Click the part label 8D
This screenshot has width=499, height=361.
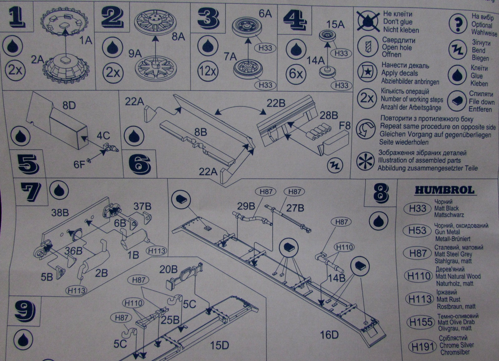[69, 106]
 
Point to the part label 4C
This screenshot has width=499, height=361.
[103, 136]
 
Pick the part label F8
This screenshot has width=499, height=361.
[345, 126]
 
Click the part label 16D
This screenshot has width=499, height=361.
[329, 335]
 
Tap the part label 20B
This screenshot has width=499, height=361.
[168, 269]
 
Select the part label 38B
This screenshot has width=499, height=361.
[60, 213]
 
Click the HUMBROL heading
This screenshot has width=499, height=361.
[444, 190]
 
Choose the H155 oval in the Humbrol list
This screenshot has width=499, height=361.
[421, 322]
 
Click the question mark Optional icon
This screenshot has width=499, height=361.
[458, 24]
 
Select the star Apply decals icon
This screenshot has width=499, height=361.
[367, 72]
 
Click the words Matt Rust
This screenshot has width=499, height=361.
[448, 299]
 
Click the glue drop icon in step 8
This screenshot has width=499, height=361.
[378, 221]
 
